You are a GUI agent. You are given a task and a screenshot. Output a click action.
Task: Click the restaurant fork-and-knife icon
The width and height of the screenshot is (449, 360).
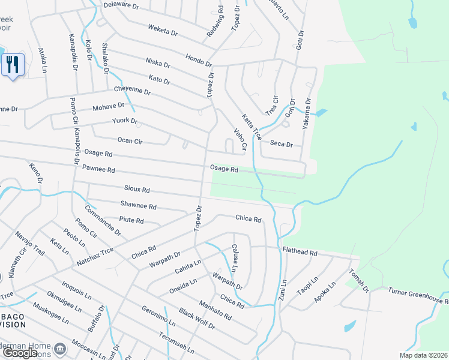coord(13,64)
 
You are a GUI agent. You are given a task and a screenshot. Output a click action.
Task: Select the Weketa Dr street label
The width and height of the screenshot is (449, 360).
coord(161,29)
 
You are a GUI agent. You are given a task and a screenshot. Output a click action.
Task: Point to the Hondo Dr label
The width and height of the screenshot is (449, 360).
coord(199,62)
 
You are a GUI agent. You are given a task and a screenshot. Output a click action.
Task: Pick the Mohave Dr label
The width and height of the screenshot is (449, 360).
coord(108,106)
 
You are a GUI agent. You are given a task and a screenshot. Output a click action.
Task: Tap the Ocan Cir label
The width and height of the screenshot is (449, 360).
coord(130,140)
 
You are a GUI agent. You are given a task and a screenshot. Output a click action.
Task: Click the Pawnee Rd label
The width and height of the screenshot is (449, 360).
coord(98,170)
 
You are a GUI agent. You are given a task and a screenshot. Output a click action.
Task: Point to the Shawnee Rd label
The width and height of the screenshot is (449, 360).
coord(138,206)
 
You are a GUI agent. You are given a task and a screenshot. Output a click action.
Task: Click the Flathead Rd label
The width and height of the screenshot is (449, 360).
coord(298,253)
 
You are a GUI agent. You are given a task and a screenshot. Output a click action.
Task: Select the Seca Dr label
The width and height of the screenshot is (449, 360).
coord(281,144)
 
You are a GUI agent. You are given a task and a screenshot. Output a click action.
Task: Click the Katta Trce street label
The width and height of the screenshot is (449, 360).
coord(252,126)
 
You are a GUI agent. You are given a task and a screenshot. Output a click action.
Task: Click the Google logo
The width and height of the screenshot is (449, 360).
coord(20,353)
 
